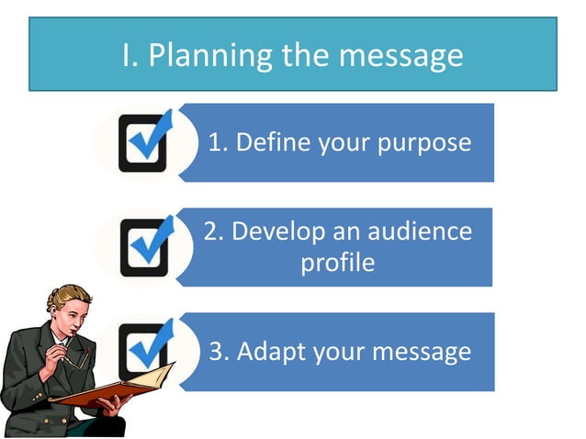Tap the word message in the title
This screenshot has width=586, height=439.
400,55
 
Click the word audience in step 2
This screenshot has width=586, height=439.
417,230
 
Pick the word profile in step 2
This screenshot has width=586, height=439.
338,263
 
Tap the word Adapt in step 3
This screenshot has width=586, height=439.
269,352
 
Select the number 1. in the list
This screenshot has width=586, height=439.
219,143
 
